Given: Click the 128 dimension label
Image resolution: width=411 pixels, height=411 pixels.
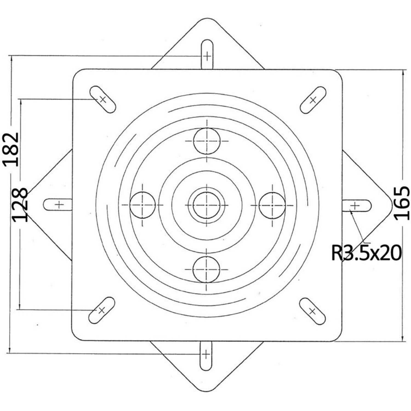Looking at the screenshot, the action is click(x=20, y=205).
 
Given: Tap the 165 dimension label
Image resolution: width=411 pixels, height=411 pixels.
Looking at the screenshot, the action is click(x=402, y=203).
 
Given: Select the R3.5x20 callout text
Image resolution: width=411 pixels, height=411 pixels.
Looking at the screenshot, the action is click(x=366, y=253).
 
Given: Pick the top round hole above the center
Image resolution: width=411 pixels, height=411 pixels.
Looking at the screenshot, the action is click(x=207, y=141).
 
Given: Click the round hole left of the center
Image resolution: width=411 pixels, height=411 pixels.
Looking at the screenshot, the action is click(x=142, y=205).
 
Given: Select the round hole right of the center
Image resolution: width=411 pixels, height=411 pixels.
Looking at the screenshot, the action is click(x=272, y=205).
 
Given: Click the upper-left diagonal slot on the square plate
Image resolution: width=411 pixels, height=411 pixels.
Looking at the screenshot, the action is click(x=102, y=99).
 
